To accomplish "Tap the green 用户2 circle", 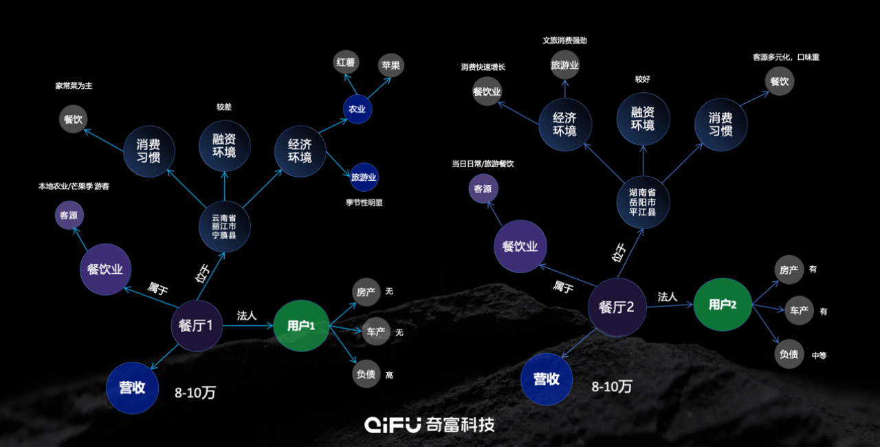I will pos(722,304).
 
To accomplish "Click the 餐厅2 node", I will pos(616,307).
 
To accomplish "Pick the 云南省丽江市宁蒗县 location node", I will pos(225,226).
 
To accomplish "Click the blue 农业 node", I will pos(357,109).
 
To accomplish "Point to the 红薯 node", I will pos(346,63).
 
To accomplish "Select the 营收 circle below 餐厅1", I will pos(133,388).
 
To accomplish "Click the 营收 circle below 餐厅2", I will pos(547,379).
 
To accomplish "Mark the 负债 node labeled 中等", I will pos(789,355).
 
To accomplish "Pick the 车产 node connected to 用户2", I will pos(798,311).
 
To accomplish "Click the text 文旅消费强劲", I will pos(564,41).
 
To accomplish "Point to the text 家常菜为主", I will pos(74,86).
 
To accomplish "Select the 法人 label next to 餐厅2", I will pos(668,297).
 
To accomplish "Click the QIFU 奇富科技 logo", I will pos(430,424).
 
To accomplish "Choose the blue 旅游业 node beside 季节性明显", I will pos(364,177).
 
